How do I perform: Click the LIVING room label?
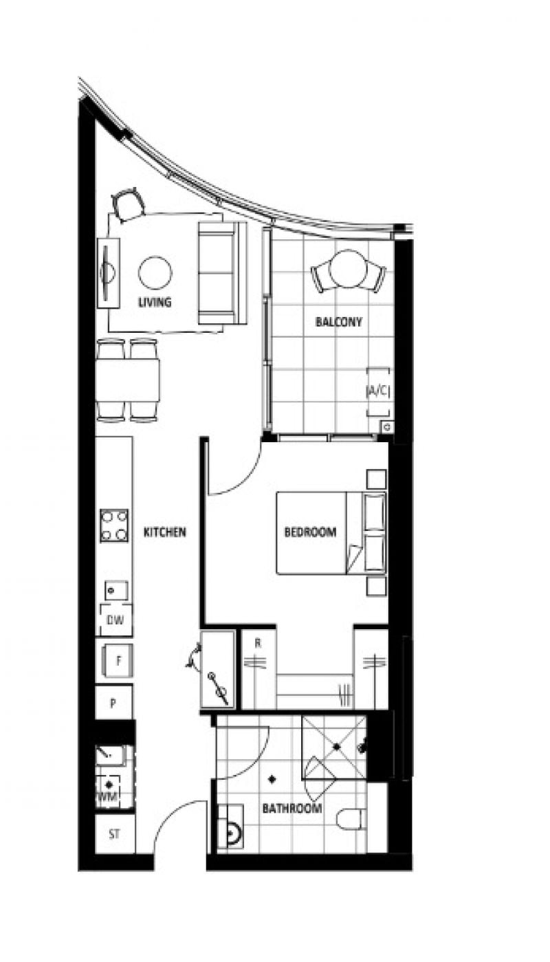pyautogui.click(x=155, y=302)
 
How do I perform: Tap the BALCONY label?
pyautogui.click(x=339, y=322)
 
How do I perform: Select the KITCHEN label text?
pyautogui.click(x=164, y=532)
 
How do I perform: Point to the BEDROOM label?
pyautogui.click(x=310, y=532)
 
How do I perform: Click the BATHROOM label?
pyautogui.click(x=292, y=809)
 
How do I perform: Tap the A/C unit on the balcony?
pyautogui.click(x=378, y=392)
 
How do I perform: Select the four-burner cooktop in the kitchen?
pyautogui.click(x=114, y=525)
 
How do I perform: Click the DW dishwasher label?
pyautogui.click(x=115, y=620)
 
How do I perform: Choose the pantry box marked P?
pyautogui.click(x=113, y=703)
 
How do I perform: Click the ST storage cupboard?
pyautogui.click(x=114, y=835)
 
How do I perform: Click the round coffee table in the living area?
pyautogui.click(x=155, y=273)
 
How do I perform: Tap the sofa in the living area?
pyautogui.click(x=222, y=273)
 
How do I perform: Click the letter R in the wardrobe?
pyautogui.click(x=258, y=643)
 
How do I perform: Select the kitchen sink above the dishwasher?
pyautogui.click(x=116, y=591)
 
